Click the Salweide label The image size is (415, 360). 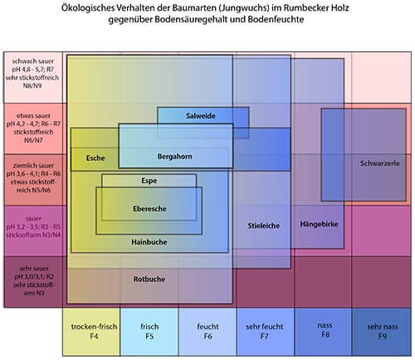tap(201, 115)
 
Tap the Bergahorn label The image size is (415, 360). tap(174, 157)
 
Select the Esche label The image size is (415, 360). tap(95, 158)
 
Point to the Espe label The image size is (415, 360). tap(149, 181)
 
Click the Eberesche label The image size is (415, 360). tap(149, 209)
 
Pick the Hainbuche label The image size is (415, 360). tap(149, 242)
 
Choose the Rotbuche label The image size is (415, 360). tap(149, 280)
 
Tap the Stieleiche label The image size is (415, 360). tap(264, 226)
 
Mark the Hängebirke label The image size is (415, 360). tap(319, 224)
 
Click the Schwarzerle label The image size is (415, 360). tap(380, 163)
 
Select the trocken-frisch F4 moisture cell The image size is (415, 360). tap(91, 332)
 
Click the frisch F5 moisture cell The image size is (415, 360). tap(149, 332)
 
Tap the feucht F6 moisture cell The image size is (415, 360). tap(207, 332)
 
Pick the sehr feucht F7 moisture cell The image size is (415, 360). tap(266, 332)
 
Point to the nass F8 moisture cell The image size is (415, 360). tap(323, 332)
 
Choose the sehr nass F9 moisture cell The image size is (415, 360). tap(382, 332)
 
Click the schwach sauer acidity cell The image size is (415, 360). tap(33, 77)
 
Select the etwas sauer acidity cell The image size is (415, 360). tap(33, 129)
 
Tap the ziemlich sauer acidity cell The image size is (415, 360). tap(33, 180)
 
